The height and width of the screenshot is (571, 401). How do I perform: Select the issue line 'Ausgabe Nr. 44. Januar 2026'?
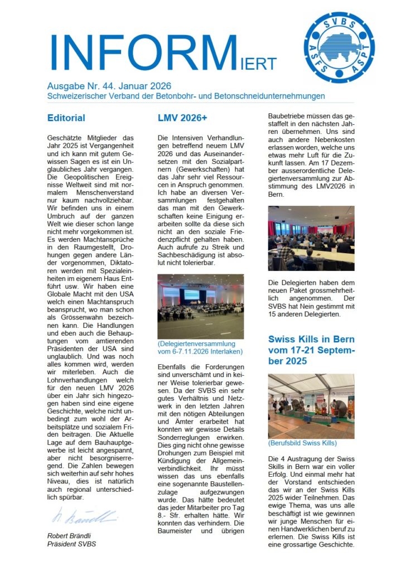coord(109,86)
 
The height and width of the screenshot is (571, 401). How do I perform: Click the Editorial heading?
coord(66,118)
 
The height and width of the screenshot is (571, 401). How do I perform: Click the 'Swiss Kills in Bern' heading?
coord(311,339)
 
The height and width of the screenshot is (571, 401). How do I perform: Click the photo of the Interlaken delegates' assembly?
coord(200,306)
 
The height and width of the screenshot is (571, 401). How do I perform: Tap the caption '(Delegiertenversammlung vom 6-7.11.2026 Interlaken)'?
coord(200,348)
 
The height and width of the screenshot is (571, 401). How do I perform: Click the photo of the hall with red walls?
coord(311,238)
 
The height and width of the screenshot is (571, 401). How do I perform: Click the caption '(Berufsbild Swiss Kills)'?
coord(302,443)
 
